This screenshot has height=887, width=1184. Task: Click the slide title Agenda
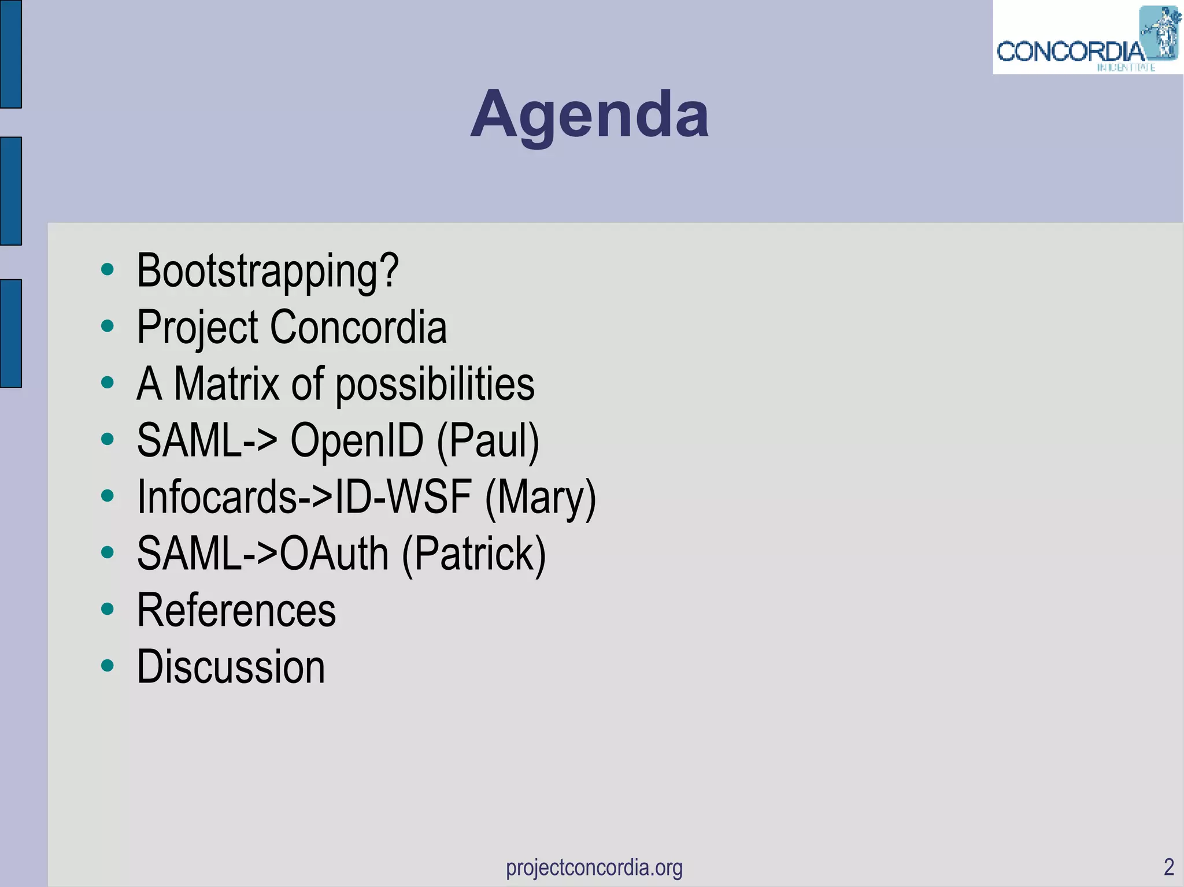tap(589, 115)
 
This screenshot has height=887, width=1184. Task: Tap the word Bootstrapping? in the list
tap(267, 270)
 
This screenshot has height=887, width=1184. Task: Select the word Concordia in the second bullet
tap(358, 327)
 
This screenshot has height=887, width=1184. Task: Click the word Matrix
tap(227, 384)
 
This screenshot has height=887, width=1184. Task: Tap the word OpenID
tap(357, 440)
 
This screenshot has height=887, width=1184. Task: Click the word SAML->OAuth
tap(262, 554)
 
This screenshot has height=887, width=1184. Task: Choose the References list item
tap(236, 610)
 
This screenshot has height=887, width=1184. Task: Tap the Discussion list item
tap(231, 667)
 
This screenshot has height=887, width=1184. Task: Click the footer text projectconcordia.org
tap(594, 867)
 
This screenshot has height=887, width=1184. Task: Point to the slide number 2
tap(1168, 867)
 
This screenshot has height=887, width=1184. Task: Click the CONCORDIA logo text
tap(1070, 52)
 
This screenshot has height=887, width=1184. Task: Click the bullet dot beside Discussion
tap(107, 665)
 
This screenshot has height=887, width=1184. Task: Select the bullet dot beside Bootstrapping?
tap(107, 269)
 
